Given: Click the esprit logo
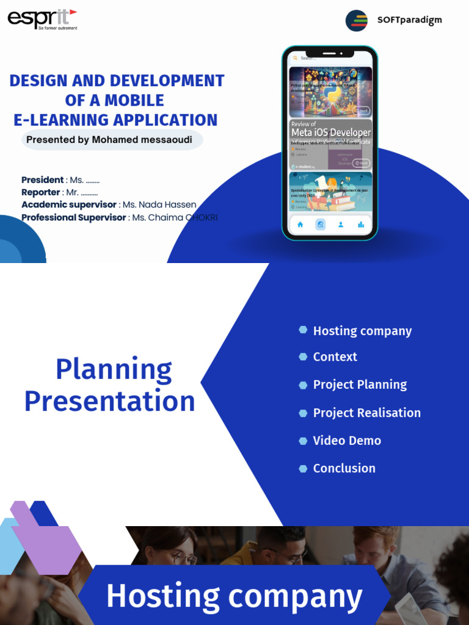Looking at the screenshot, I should click(x=42, y=19).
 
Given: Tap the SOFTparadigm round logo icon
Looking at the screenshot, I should click(x=357, y=20).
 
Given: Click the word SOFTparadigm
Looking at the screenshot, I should click(x=409, y=20).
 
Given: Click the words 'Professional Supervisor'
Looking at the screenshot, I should click(x=74, y=217).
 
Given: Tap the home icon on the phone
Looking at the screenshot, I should click(x=300, y=225).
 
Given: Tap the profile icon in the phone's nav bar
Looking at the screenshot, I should click(x=341, y=225).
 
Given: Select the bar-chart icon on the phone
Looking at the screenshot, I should click(x=361, y=225).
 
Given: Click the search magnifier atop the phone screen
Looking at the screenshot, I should click(x=296, y=59).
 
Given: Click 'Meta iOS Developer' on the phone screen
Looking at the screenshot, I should click(x=331, y=132).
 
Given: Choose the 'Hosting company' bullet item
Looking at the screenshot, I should click(x=362, y=331).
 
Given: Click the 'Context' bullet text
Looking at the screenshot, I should click(x=335, y=357).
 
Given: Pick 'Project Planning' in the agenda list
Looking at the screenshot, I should click(x=360, y=385).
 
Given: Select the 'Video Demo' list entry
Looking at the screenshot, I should click(x=347, y=441).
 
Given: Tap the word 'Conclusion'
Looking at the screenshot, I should click(x=344, y=468).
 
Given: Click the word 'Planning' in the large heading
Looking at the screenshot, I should click(x=114, y=369).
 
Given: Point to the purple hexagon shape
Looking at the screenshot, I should click(x=46, y=537).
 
